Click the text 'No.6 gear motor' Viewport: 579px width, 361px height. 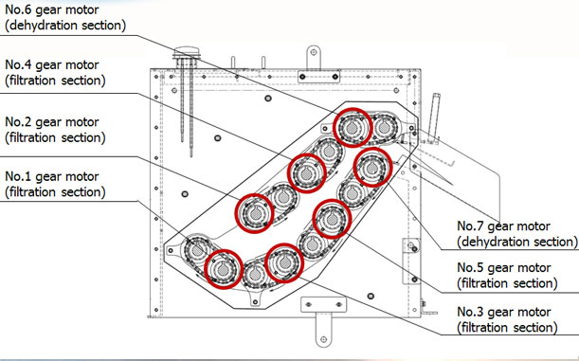(x=52, y=10)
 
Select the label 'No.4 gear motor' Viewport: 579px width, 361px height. (x=52, y=65)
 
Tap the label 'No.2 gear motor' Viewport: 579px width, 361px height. (x=52, y=122)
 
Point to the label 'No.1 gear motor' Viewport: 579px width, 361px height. (x=52, y=176)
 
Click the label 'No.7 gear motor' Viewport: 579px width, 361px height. (x=504, y=226)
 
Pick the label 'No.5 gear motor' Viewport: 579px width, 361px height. (x=504, y=267)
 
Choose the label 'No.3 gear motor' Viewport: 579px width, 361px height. (x=504, y=312)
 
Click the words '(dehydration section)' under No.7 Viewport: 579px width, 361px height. (x=517, y=242)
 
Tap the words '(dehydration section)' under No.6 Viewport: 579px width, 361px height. (x=65, y=26)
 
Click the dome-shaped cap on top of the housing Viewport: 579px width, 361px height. (x=187, y=52)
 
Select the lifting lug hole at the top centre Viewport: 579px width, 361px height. (x=314, y=52)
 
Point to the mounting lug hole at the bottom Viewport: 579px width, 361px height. (x=323, y=339)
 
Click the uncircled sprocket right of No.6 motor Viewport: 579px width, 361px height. (x=385, y=128)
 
